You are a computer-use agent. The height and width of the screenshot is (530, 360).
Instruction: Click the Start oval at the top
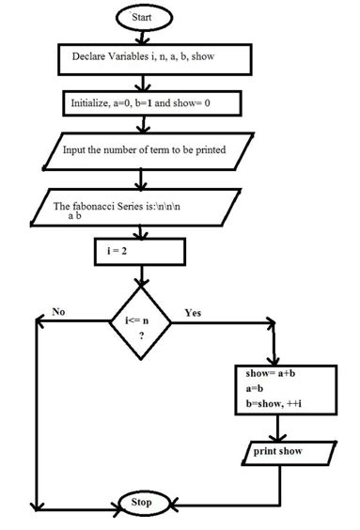[143, 18]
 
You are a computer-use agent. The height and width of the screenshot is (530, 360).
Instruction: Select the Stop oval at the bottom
[143, 502]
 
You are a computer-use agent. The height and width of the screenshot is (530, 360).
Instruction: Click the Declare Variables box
[156, 58]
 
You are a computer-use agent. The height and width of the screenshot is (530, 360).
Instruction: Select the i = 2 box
[139, 252]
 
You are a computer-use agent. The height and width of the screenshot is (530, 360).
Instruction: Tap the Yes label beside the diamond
[195, 311]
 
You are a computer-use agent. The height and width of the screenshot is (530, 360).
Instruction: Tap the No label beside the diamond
[59, 311]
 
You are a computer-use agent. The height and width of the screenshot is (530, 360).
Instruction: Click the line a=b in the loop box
[246, 389]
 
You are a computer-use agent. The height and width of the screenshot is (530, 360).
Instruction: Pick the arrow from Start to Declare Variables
[143, 37]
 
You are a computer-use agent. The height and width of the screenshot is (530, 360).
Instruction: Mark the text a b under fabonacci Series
[75, 216]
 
